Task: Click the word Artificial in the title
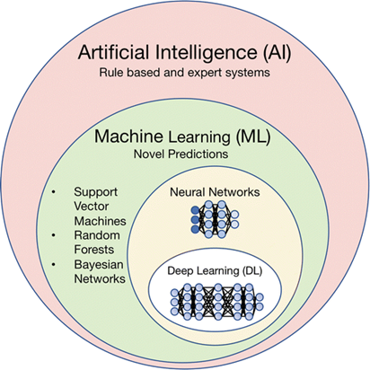pos(113,52)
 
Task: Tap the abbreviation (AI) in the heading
pos(277,53)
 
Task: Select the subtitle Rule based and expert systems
pos(184,73)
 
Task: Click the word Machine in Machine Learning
pos(128,136)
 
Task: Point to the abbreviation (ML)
pos(253,137)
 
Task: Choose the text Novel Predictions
pos(181,154)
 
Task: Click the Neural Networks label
pos(215,192)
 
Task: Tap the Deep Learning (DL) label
pos(215,271)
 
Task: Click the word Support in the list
pos(96,192)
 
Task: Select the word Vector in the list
pos(92,206)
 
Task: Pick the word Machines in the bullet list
pos(100,221)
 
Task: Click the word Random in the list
pos(97,235)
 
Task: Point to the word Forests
pos(94,250)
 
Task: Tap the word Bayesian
pos(99,265)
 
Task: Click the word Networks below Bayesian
pos(100,278)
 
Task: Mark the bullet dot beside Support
pos(53,192)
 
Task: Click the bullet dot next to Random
pos(53,235)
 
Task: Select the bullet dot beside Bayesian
pos(53,264)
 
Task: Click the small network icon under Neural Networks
pos(215,219)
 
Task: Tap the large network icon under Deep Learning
pos(217,302)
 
